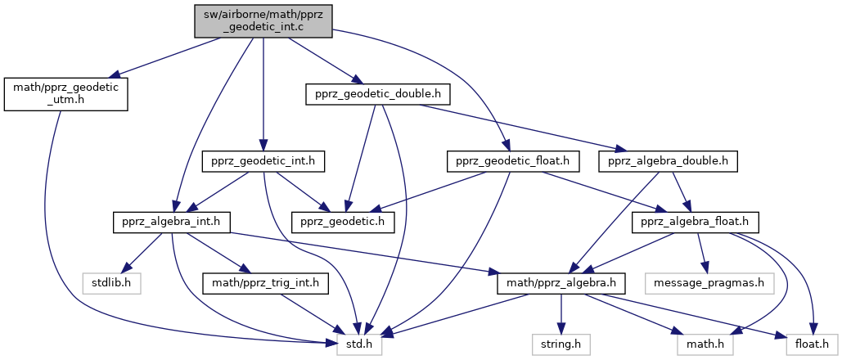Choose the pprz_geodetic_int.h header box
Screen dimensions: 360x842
[263, 162]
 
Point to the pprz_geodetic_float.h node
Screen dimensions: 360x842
[512, 162]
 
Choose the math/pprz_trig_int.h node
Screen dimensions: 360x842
[266, 284]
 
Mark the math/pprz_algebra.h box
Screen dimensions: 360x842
[561, 284]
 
